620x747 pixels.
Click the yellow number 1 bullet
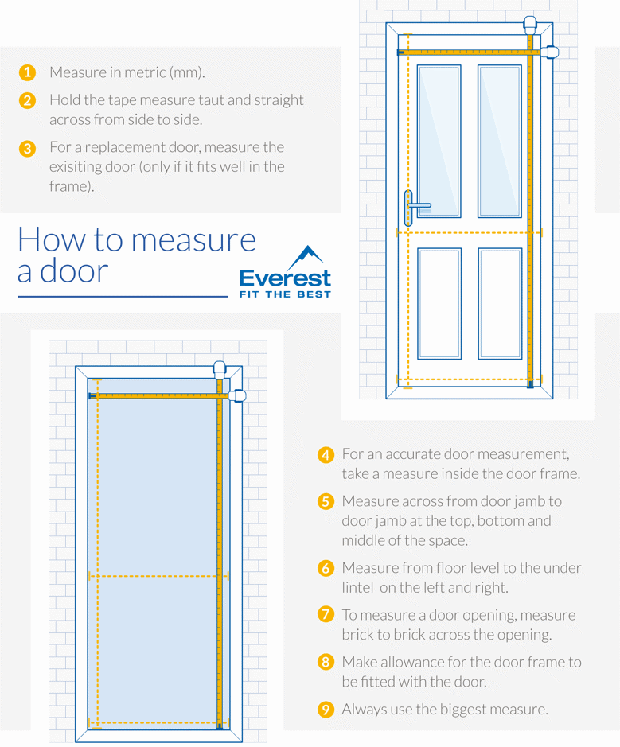click(x=27, y=72)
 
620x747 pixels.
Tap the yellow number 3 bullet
click(x=27, y=148)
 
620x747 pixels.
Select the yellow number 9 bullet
click(x=326, y=709)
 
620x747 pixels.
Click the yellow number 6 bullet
click(x=326, y=568)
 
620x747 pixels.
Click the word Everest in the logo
click(x=285, y=279)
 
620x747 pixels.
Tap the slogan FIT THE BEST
click(x=285, y=294)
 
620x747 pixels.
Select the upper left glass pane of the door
click(x=439, y=141)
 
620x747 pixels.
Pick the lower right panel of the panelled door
click(x=500, y=303)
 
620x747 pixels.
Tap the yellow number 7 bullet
click(x=326, y=615)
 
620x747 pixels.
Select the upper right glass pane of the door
click(x=500, y=141)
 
